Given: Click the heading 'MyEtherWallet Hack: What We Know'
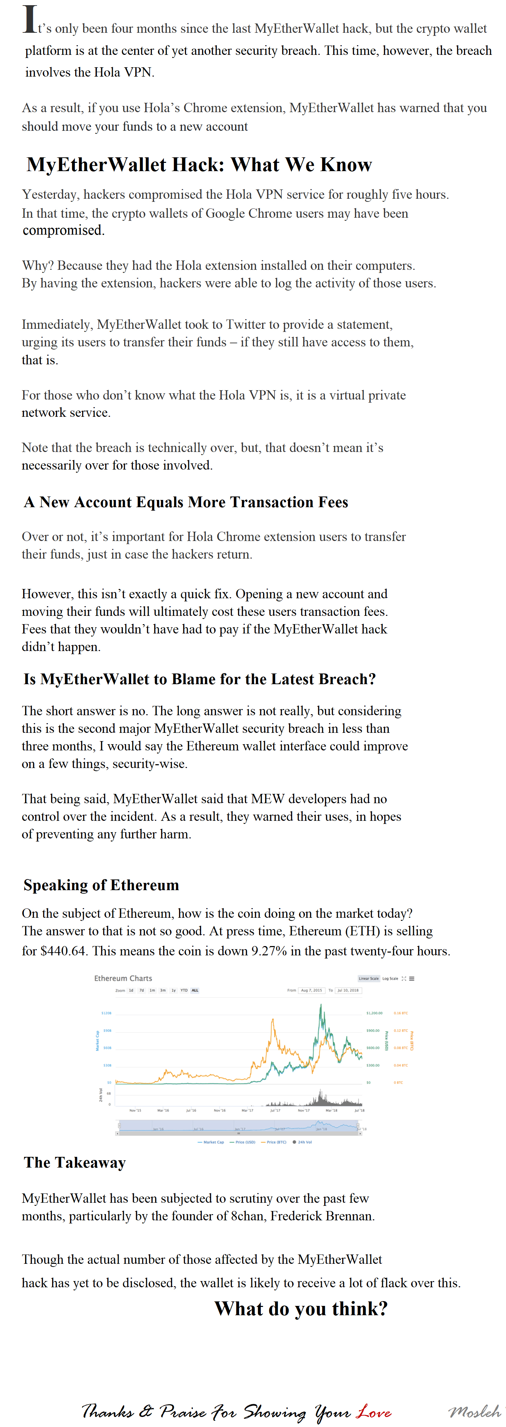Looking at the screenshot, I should (x=199, y=165).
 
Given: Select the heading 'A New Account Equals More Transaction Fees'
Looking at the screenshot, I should (x=186, y=502).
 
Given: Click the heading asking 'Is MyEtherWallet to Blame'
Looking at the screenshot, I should (x=199, y=679).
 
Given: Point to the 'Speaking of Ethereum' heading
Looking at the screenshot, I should (x=101, y=885).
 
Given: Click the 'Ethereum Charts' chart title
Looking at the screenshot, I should (x=123, y=978).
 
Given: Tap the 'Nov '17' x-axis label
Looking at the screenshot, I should (x=304, y=1110).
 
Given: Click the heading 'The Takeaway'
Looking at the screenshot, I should (x=75, y=1162).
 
